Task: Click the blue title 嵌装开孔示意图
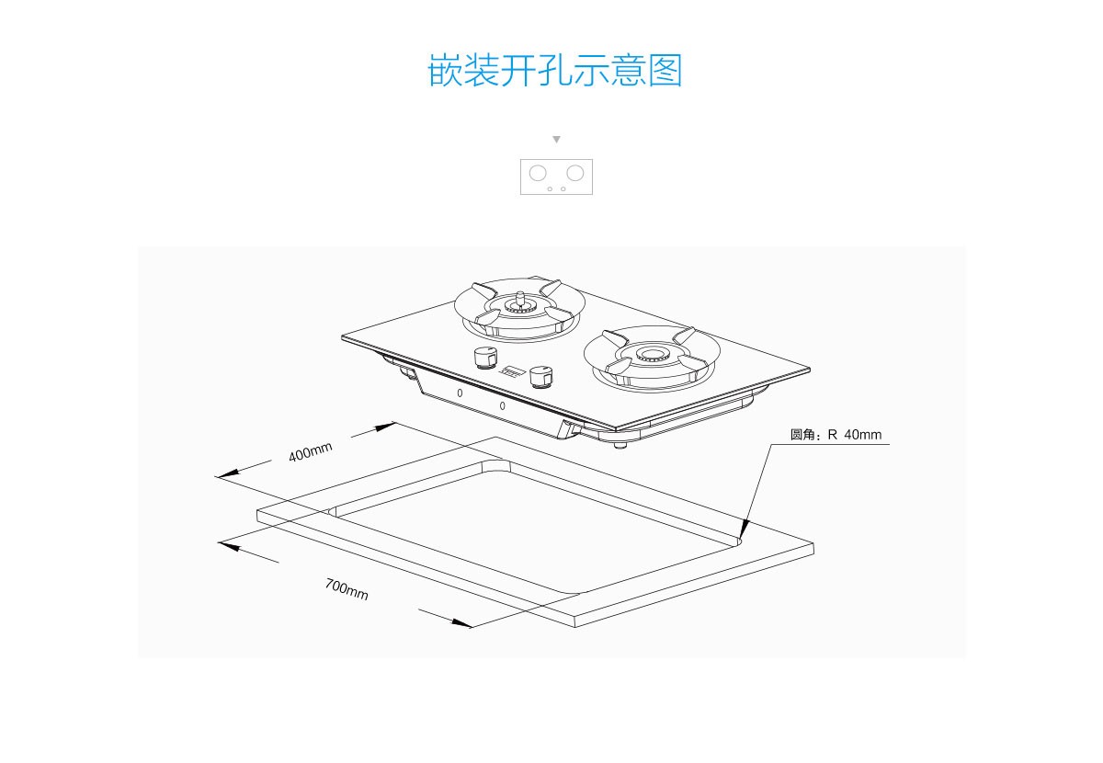tap(555, 71)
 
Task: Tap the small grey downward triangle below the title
tap(556, 140)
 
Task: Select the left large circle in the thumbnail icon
tap(538, 172)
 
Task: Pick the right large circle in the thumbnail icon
tap(575, 172)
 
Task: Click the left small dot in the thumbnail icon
tap(550, 188)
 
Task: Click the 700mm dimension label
tap(347, 588)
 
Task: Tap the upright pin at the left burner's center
tap(520, 297)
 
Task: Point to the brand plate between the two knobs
tap(512, 373)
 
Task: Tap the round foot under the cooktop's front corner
tap(620, 447)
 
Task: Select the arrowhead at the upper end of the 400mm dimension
tap(385, 427)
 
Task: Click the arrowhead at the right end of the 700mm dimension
tap(461, 623)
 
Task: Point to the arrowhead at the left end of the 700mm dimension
tap(229, 545)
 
